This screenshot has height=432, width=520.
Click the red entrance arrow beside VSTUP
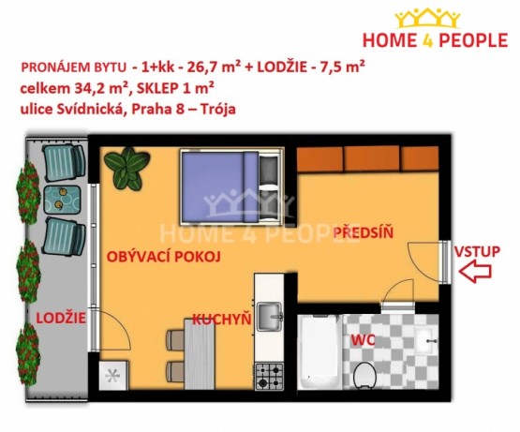point(475,271)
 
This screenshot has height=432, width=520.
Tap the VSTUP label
point(477,251)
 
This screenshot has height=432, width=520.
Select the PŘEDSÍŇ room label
point(364,232)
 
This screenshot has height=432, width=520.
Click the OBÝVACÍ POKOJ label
point(163,257)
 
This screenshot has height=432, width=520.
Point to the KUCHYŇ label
point(222,320)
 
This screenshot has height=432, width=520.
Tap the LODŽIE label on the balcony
point(61,318)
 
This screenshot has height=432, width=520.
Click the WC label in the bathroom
point(364,340)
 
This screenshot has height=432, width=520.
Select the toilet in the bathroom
point(364,375)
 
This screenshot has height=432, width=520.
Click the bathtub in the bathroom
point(319,352)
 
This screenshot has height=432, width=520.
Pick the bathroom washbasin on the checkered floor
point(426,341)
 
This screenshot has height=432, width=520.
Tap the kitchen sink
point(270,317)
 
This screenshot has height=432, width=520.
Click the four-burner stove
point(269,376)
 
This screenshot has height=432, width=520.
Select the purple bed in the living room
point(231,186)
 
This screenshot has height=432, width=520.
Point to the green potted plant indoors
point(126,169)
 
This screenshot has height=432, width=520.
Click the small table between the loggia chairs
point(62,200)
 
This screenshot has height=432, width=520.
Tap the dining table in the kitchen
point(200,353)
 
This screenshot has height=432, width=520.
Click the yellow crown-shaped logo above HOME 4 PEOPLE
point(427,19)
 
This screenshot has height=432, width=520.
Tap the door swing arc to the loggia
point(116,327)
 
